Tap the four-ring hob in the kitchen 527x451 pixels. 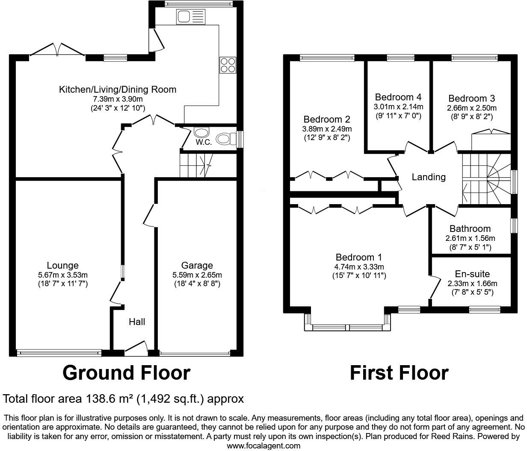pyautogui.click(x=228, y=65)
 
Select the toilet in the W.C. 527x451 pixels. pyautogui.click(x=225, y=139)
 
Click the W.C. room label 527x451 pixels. pyautogui.click(x=204, y=142)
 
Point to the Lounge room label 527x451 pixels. pyautogui.click(x=62, y=266)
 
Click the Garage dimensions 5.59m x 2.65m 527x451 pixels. pyautogui.click(x=197, y=275)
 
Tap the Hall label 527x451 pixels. pyautogui.click(x=137, y=322)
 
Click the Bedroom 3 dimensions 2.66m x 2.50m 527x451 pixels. pyautogui.click(x=472, y=108)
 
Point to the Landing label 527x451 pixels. pyautogui.click(x=429, y=177)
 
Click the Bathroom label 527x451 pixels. pyautogui.click(x=470, y=229)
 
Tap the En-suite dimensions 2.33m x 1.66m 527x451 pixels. pyautogui.click(x=472, y=284)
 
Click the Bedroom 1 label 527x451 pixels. pyautogui.click(x=358, y=258)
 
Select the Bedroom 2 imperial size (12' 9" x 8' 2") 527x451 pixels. pyautogui.click(x=327, y=138)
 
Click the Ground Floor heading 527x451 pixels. pyautogui.click(x=126, y=372)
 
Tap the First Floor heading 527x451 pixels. pyautogui.click(x=399, y=372)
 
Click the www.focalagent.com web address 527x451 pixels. pyautogui.click(x=263, y=446)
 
